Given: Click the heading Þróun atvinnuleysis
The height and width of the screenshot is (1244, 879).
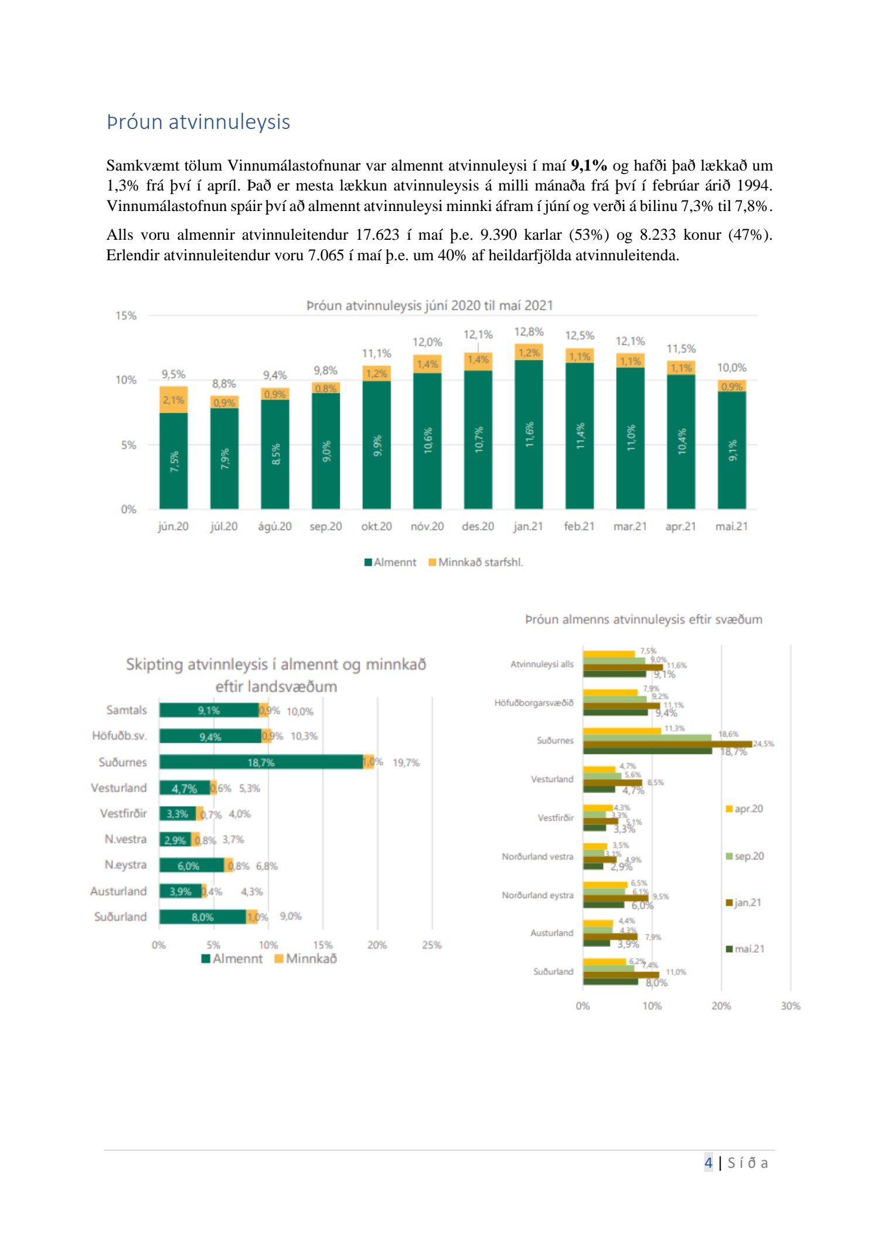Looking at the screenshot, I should (x=198, y=122).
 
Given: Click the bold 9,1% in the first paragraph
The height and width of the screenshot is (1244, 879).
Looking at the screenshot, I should (x=589, y=165).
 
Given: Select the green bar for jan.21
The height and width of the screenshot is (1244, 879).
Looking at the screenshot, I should (x=529, y=434).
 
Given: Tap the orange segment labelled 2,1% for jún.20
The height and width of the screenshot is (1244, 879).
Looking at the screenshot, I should (x=173, y=400).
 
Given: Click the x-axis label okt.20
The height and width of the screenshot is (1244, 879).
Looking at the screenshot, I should (x=376, y=526).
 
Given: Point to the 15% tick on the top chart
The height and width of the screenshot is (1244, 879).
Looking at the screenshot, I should (x=126, y=316).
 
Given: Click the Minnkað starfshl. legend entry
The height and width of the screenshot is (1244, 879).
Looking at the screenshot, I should (x=476, y=562).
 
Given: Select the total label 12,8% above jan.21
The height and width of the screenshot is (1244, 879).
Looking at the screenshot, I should (x=529, y=332).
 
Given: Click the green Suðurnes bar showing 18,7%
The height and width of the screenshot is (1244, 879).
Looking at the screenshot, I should (x=261, y=762).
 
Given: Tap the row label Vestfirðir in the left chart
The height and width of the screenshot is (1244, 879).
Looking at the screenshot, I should (x=123, y=814).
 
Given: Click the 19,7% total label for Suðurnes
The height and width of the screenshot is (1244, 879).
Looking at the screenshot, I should (x=406, y=763).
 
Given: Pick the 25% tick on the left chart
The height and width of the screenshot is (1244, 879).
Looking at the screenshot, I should (x=432, y=945).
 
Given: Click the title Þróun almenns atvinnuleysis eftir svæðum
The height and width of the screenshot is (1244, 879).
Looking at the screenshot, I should (x=643, y=620).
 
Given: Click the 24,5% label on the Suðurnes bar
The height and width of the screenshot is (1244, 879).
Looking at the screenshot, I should (x=763, y=744).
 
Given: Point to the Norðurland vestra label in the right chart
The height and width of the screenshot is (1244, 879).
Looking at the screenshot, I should (x=537, y=856).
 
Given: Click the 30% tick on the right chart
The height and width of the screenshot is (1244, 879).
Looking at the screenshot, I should (x=790, y=1006).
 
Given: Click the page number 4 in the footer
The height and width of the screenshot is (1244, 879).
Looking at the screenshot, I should (x=708, y=1163).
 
